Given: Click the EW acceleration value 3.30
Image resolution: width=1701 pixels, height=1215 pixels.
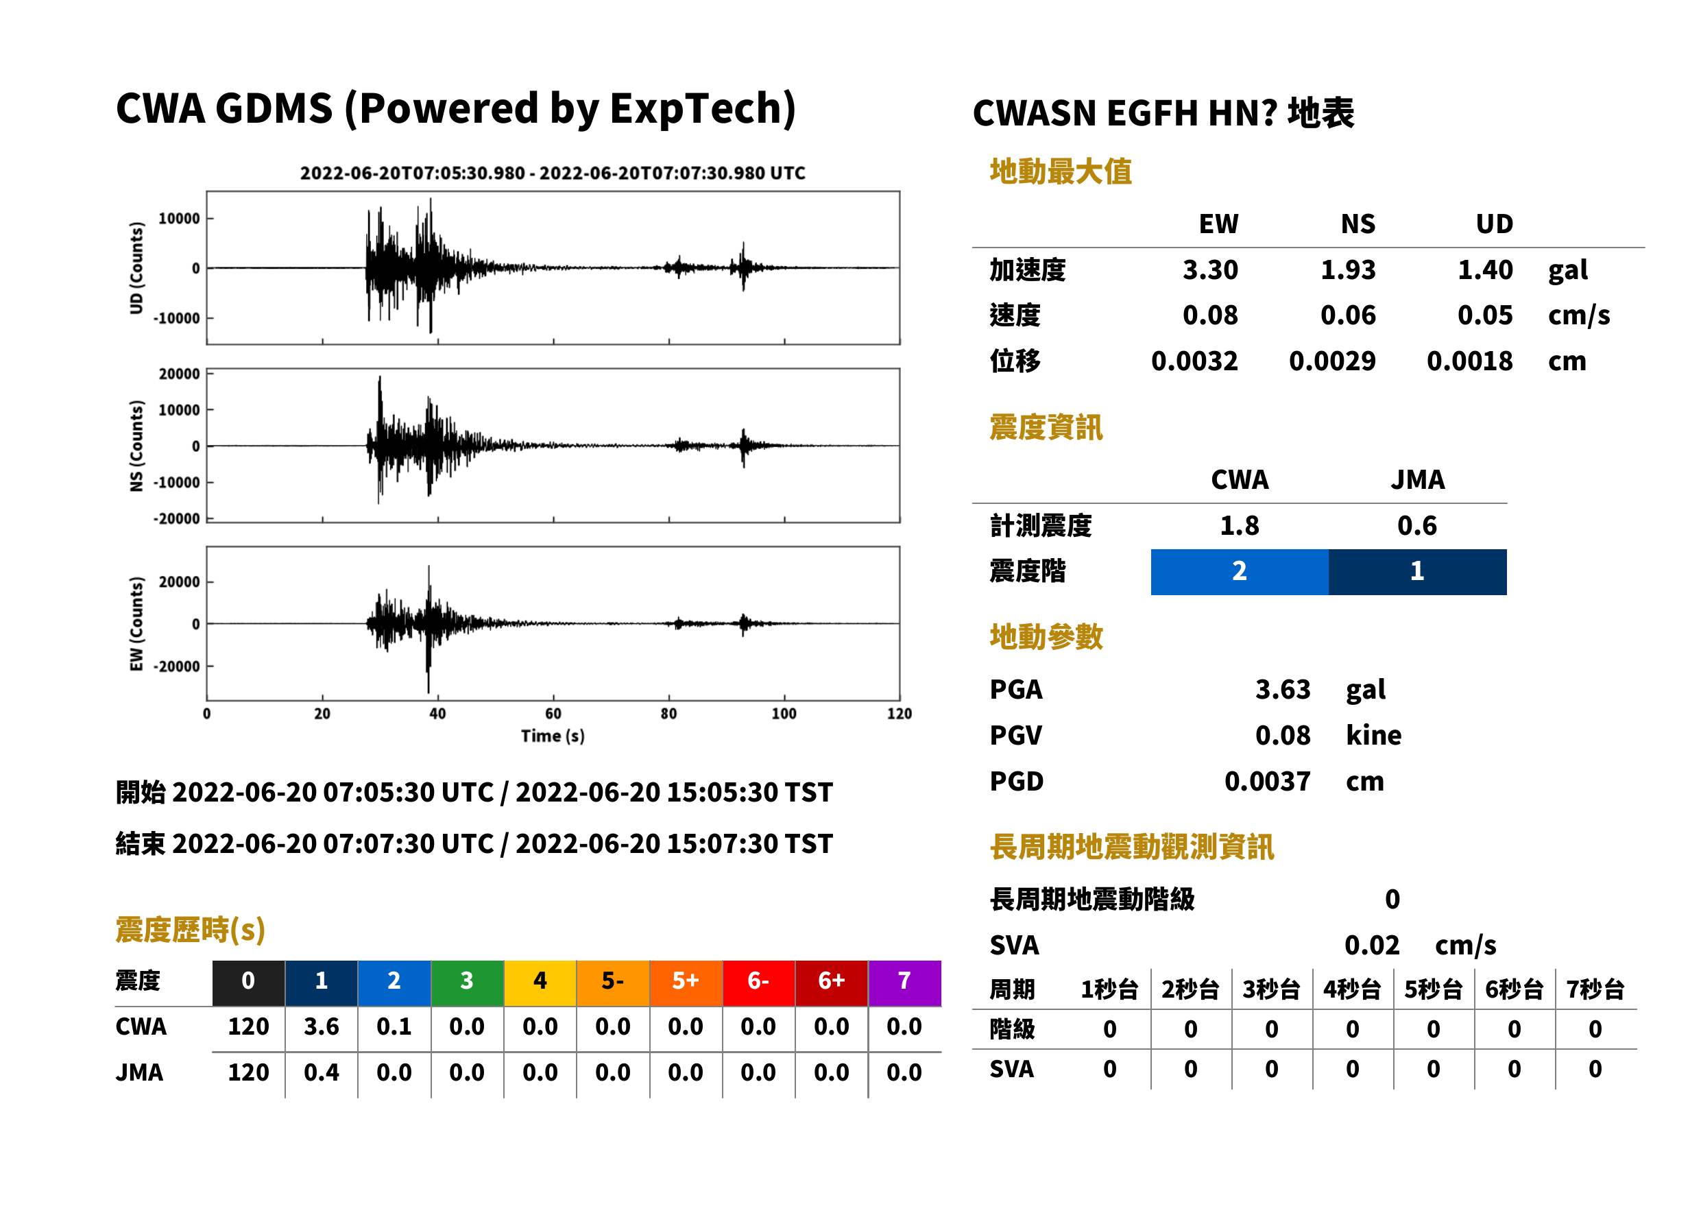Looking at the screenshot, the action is click(x=1209, y=269).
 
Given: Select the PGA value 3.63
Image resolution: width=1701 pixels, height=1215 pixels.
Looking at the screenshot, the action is click(x=1282, y=689).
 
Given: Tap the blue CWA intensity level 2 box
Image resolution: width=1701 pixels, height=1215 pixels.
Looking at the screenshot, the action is click(x=1240, y=572).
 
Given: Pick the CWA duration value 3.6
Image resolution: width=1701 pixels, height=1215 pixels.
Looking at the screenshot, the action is click(x=321, y=1026).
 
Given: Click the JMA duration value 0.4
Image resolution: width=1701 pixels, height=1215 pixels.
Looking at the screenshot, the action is click(x=321, y=1072).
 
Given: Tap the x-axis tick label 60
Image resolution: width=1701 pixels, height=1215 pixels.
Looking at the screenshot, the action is click(x=553, y=714).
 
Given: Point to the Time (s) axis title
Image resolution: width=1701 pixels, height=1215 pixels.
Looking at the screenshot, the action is click(x=553, y=736).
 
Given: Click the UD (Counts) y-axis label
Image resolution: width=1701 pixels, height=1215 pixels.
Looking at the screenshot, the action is click(x=136, y=268).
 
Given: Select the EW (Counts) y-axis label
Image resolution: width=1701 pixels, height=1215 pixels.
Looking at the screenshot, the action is click(x=136, y=624).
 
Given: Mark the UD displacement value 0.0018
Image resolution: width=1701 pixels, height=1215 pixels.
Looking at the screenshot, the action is click(x=1469, y=361).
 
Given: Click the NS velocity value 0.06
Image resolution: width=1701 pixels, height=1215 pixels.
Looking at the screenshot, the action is click(x=1347, y=315).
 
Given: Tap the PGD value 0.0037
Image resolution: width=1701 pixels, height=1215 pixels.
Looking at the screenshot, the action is click(x=1267, y=781).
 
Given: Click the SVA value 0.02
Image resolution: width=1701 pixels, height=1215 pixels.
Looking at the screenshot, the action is click(x=1372, y=945).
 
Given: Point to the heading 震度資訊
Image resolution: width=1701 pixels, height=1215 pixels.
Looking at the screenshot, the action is click(x=1046, y=427).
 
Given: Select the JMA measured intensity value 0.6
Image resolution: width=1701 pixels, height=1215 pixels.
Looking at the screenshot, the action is click(x=1416, y=525).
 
